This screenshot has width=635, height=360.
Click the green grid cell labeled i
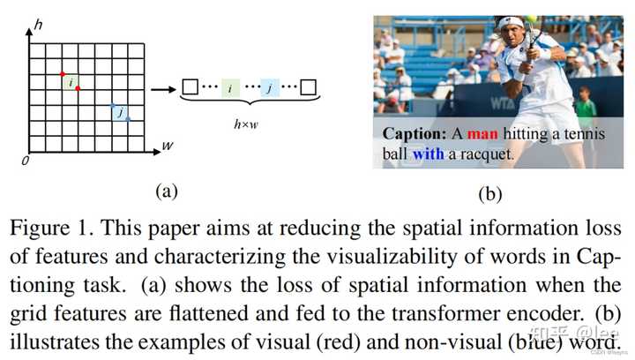(70, 82)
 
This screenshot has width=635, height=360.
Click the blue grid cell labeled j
(120, 112)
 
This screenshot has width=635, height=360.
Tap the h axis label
(38, 27)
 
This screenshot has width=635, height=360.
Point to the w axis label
(168, 145)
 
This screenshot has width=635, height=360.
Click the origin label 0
(26, 161)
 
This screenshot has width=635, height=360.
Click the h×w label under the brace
(247, 124)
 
